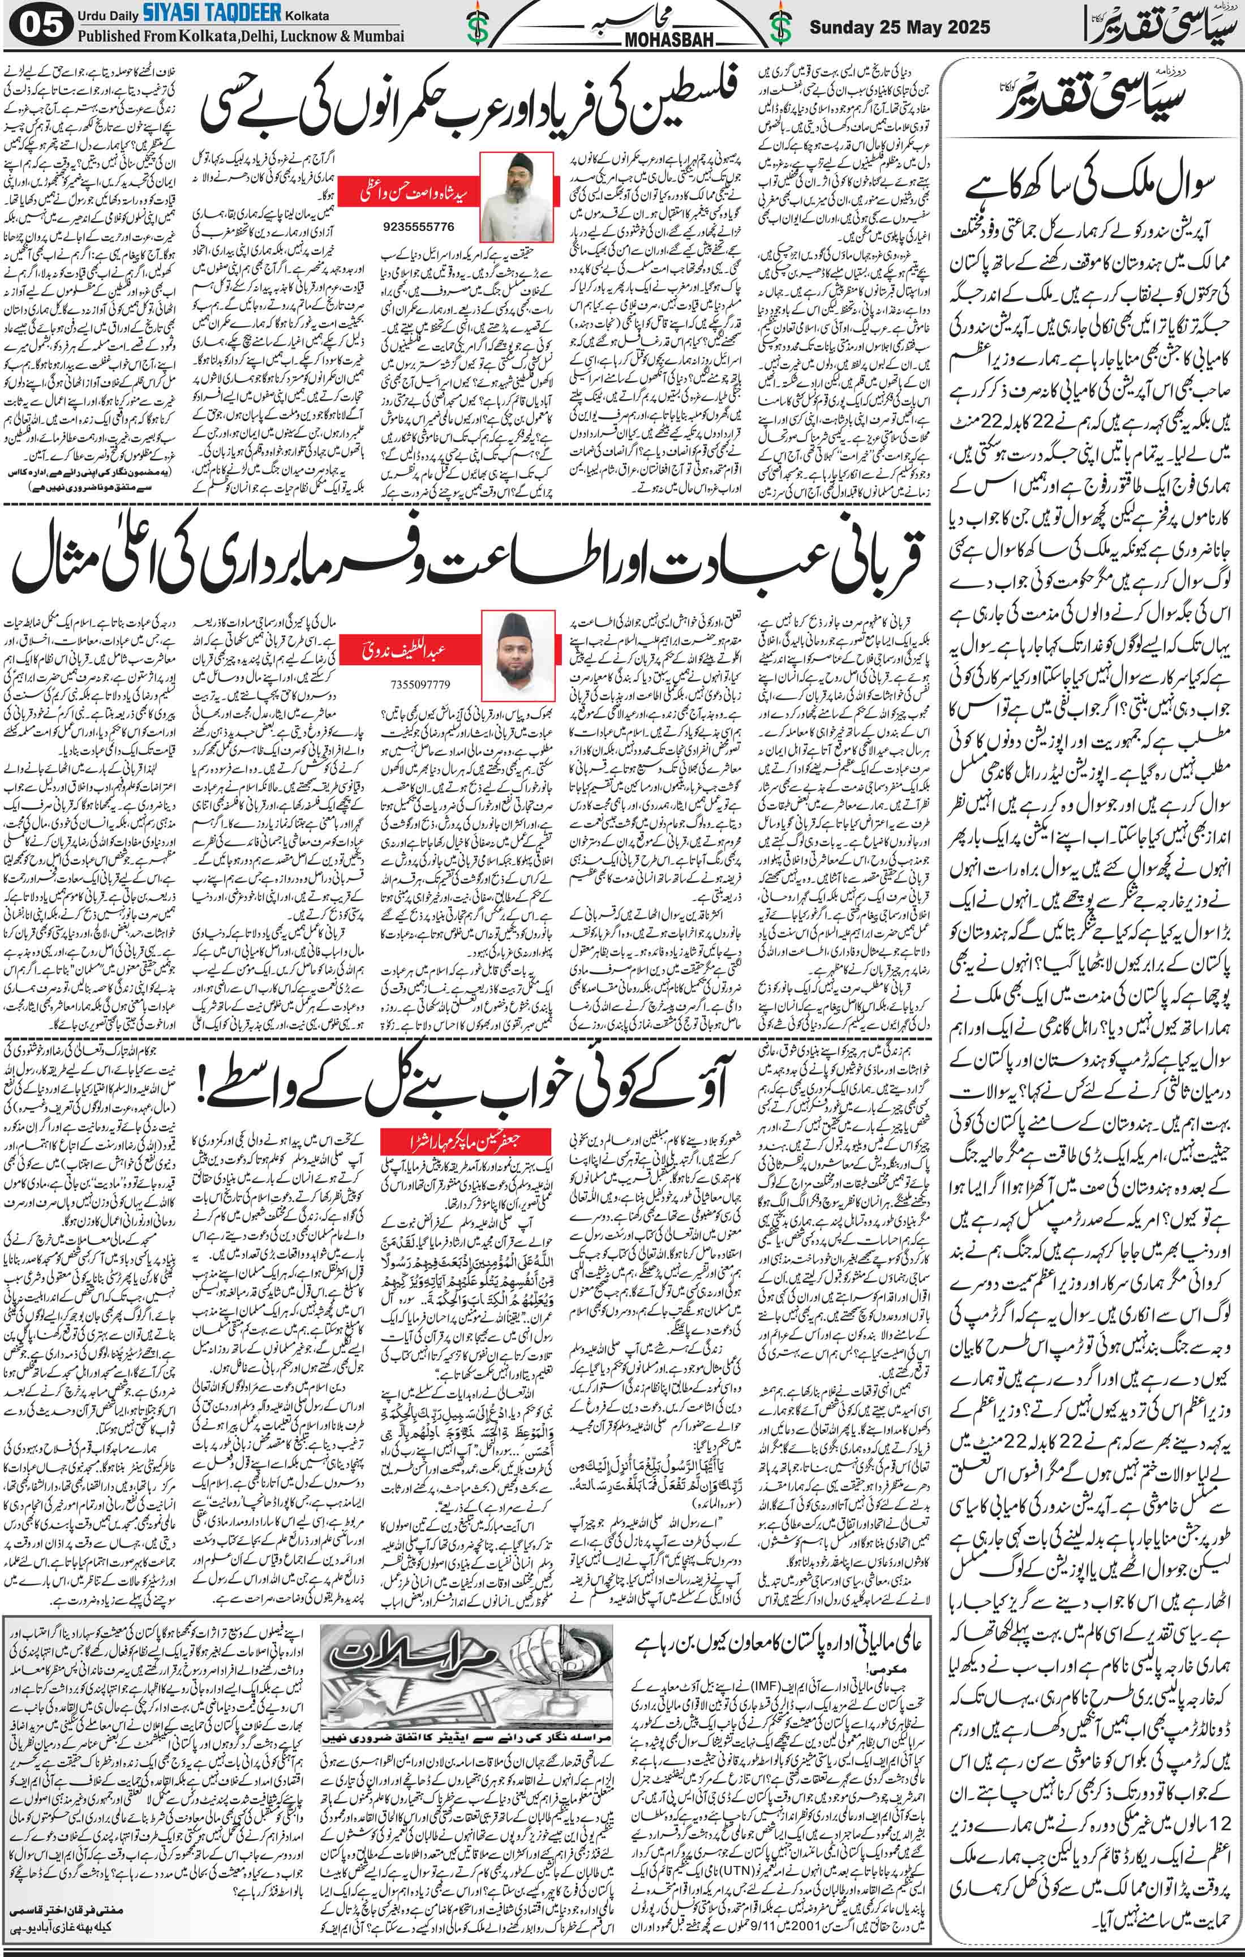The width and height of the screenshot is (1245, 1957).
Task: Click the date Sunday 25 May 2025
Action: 900,27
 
